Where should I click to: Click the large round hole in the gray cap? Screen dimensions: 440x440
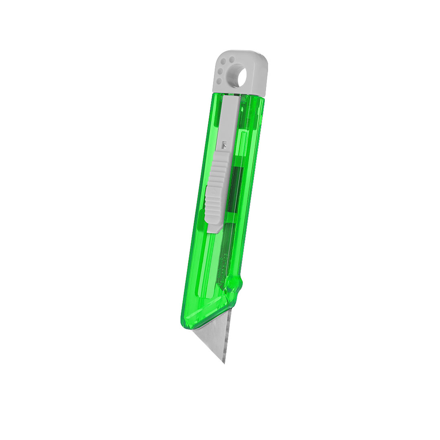coord(238,76)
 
